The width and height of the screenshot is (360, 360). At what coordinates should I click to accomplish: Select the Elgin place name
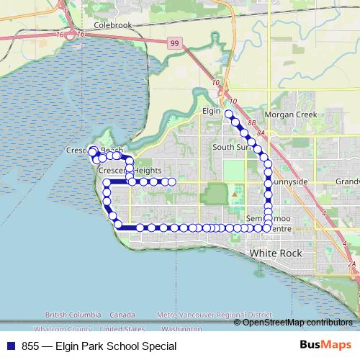coord(210,112)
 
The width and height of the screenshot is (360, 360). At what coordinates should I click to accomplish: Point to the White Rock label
coord(274,254)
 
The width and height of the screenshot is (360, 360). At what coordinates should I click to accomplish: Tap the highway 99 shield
coord(175,45)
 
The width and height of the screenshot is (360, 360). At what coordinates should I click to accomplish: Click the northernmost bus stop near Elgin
coord(229,114)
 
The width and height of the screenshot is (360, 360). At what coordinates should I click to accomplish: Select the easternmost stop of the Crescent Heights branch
coord(172,181)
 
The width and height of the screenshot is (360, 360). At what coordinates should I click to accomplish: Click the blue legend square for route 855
coord(10,346)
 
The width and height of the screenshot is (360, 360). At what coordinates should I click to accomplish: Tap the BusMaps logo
coord(320,346)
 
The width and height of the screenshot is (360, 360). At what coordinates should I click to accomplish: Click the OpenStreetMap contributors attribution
coord(297,322)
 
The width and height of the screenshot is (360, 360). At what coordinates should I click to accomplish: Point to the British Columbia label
coord(73,315)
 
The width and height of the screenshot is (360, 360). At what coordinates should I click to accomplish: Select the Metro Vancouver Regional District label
coord(214,315)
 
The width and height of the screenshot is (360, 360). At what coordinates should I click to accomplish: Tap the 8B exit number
coord(251,124)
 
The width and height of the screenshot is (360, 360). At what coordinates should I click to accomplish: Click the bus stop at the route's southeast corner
coord(267,228)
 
